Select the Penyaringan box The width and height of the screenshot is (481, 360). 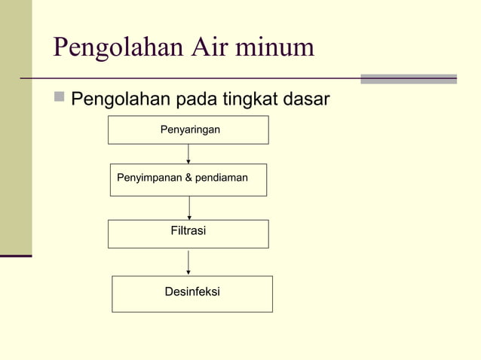188,130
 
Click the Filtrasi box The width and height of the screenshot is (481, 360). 188,233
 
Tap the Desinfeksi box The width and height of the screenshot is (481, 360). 192,293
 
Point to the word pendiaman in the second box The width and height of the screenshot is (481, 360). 221,178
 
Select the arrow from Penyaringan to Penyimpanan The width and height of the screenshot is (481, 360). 188,154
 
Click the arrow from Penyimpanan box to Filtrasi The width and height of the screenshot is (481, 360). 189,208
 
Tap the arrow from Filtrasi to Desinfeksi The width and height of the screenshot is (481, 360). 188,262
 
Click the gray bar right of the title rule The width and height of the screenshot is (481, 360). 408,78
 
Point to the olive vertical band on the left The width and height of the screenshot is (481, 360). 16,128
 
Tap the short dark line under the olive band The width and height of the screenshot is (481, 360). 16,256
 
